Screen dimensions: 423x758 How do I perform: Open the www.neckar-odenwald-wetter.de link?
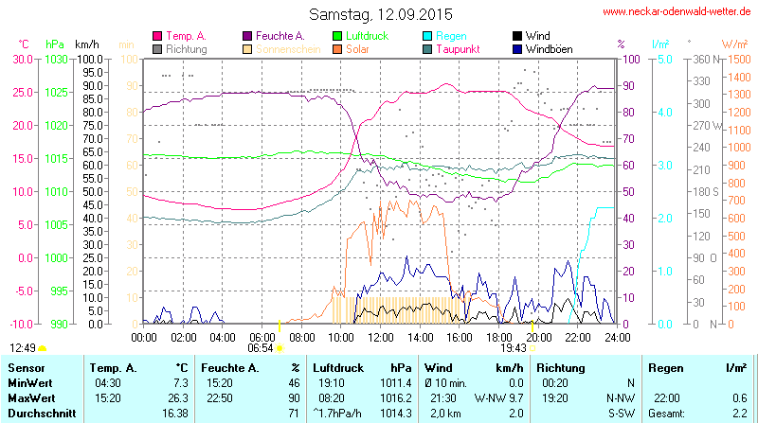click(677, 12)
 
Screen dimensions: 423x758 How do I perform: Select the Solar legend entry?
click(358, 48)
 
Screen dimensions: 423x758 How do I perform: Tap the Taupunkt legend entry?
click(458, 48)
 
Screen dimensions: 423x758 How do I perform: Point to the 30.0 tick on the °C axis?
click(21, 59)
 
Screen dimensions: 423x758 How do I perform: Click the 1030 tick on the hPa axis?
click(56, 59)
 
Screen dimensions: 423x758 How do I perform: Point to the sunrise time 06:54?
click(261, 348)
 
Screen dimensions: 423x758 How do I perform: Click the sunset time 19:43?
click(513, 348)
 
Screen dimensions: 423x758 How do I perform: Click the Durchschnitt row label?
click(39, 414)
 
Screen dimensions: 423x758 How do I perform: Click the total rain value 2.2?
click(739, 414)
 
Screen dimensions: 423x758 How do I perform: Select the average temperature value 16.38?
click(173, 414)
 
